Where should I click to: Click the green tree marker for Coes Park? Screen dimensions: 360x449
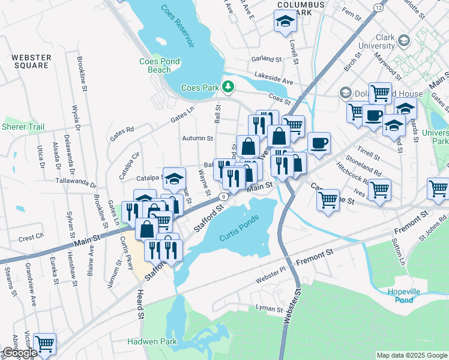click(x=228, y=88)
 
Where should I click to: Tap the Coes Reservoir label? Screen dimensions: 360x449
click(x=178, y=26)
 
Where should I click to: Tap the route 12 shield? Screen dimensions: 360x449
click(x=378, y=7)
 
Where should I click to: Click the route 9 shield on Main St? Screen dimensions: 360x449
click(x=223, y=196)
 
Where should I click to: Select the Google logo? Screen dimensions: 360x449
click(x=19, y=353)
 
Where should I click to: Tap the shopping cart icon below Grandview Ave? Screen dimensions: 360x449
click(x=44, y=344)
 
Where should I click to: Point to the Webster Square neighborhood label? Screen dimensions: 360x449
click(x=31, y=61)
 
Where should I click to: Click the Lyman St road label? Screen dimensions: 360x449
click(x=269, y=309)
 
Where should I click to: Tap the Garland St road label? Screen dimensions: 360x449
click(x=267, y=59)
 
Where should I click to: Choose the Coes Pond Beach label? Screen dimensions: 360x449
click(x=163, y=65)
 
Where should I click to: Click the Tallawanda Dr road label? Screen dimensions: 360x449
click(x=75, y=181)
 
